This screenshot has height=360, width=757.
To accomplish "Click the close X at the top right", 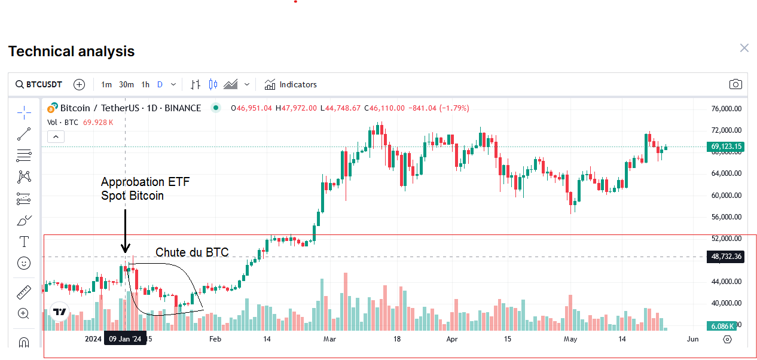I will [744, 48].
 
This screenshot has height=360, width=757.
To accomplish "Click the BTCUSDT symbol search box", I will [39, 84].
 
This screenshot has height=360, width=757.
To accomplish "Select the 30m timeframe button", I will [126, 84].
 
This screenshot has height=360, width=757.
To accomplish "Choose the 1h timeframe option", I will [145, 84].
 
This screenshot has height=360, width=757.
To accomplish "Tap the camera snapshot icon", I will [735, 84].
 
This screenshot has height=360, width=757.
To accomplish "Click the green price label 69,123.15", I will [726, 147].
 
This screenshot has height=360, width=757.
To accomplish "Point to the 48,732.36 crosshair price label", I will [726, 257].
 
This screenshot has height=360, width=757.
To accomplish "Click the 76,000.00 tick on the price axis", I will [727, 109].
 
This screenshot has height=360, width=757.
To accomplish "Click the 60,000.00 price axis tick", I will [727, 195].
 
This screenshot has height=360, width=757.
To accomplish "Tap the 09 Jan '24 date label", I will [125, 339].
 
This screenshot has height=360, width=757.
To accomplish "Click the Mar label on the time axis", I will [329, 339].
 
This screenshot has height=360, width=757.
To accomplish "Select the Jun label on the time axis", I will [692, 339].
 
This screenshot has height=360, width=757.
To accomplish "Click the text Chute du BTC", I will [192, 252].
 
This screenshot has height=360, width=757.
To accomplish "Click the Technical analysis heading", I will [71, 51].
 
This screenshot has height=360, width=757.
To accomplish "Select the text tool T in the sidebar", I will [24, 242].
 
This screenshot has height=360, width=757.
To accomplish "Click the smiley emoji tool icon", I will [24, 263].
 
